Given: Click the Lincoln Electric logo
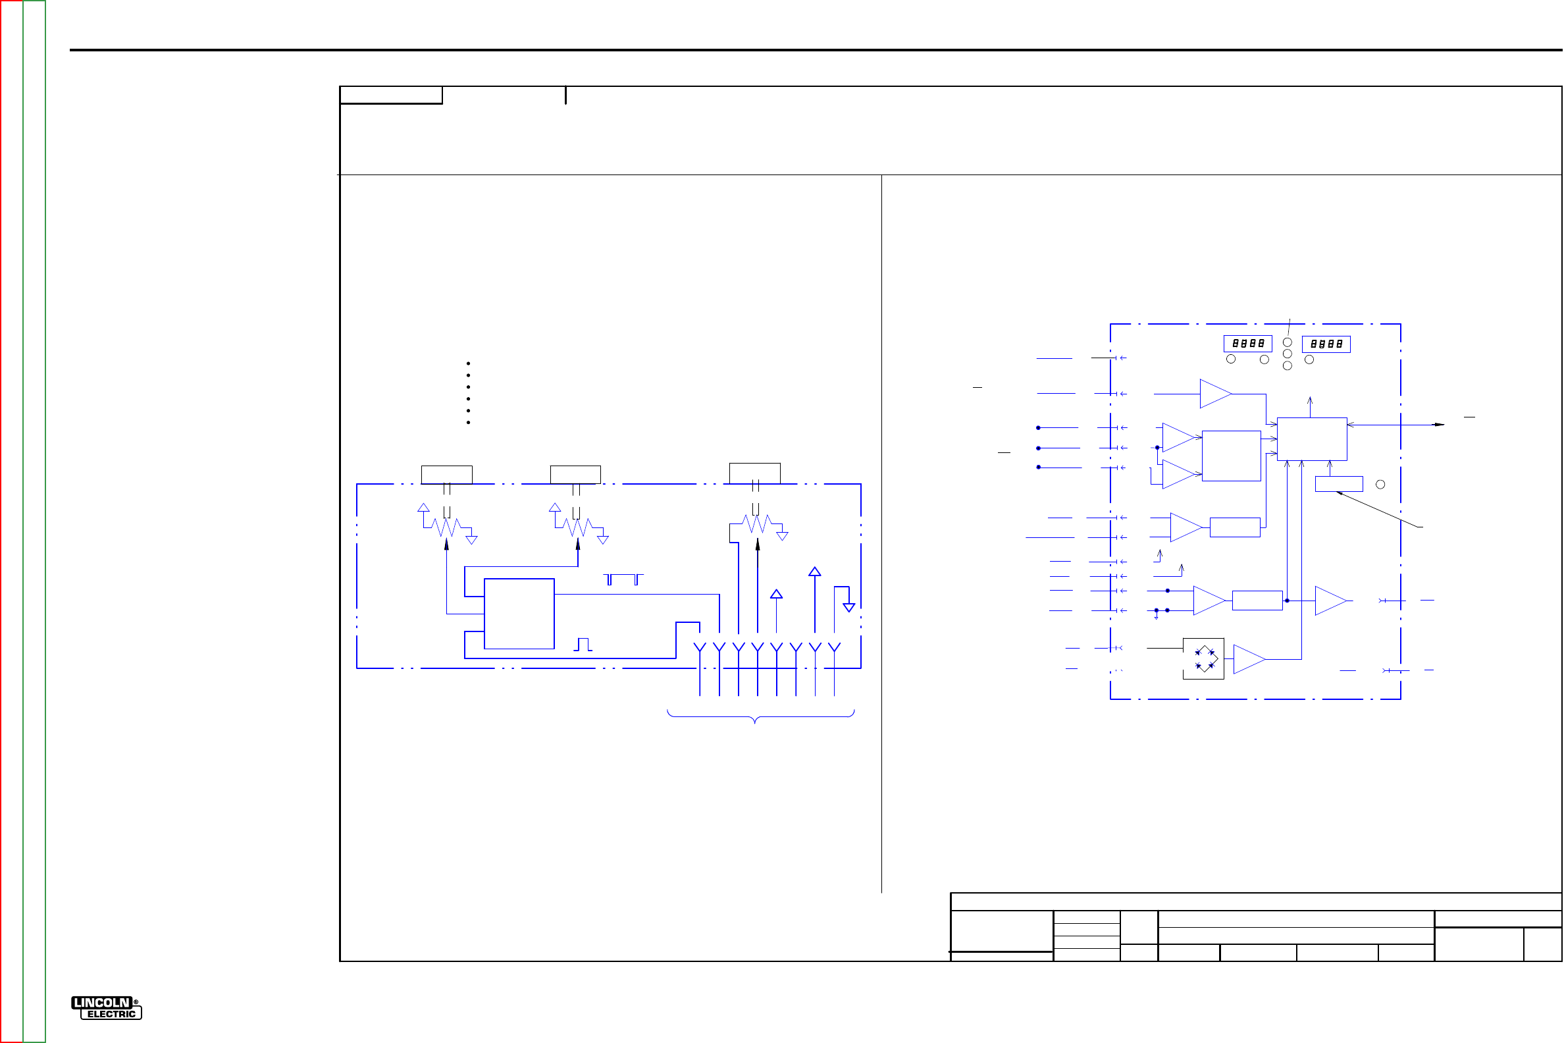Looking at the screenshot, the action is [107, 1007].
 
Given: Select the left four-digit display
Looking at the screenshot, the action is [1248, 343].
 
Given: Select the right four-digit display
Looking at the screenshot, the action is [1326, 344].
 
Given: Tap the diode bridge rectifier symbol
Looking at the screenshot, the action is [1203, 658].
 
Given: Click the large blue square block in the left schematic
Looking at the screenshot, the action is [519, 614].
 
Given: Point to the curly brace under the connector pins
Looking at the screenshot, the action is [761, 717].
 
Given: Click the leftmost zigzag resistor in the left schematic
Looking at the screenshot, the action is [446, 527].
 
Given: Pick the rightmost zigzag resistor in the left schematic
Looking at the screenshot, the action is [757, 524].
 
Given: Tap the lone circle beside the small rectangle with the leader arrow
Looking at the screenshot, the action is [1380, 484].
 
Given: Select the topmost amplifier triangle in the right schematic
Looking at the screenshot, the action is [1216, 394].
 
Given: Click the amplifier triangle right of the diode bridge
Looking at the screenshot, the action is [1249, 659].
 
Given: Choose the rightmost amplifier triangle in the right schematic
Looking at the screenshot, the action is [1331, 601].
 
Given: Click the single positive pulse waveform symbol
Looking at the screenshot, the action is [583, 645].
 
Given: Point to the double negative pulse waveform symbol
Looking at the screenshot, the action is [623, 579].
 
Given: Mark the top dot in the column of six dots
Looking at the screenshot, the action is [469, 364].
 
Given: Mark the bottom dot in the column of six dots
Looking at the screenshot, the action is [469, 422].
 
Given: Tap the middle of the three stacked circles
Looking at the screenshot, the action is [1288, 354].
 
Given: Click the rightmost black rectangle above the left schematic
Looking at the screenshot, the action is [755, 473].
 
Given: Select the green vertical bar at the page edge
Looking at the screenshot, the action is [34, 521].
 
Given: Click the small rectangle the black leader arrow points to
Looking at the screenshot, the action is [1340, 484].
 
